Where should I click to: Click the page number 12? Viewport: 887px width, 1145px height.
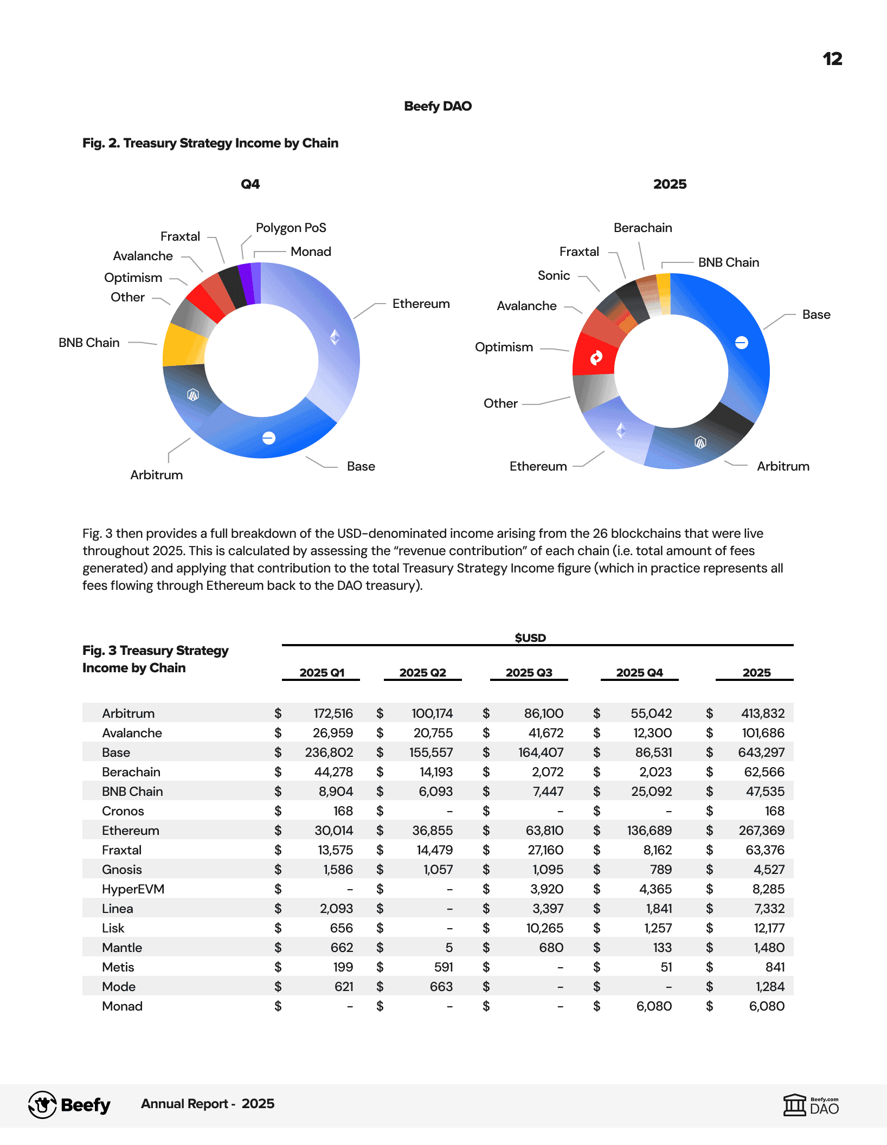(x=832, y=59)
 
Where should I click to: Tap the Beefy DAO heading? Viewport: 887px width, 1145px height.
(x=438, y=106)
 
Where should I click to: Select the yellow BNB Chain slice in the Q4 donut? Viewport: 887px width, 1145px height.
(x=183, y=345)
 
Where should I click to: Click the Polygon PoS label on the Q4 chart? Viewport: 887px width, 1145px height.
(x=291, y=228)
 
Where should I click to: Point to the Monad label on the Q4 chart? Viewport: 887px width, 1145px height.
(x=311, y=252)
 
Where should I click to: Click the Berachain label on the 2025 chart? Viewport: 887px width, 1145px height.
(x=642, y=228)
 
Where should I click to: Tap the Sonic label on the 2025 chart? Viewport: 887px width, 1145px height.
(x=554, y=275)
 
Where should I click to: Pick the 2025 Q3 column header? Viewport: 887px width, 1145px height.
(x=529, y=673)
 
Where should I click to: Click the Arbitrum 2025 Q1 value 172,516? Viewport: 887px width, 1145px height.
(x=333, y=713)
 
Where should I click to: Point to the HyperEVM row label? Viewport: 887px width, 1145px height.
(x=133, y=889)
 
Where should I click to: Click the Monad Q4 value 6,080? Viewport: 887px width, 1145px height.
(x=654, y=1006)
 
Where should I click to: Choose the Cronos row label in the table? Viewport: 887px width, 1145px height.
(x=123, y=811)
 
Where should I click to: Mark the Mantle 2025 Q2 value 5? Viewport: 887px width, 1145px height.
(x=449, y=948)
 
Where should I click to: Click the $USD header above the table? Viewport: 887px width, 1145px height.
(x=530, y=638)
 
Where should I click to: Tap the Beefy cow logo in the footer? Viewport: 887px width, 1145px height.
(x=42, y=1104)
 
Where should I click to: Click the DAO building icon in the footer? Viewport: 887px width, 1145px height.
(x=795, y=1104)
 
